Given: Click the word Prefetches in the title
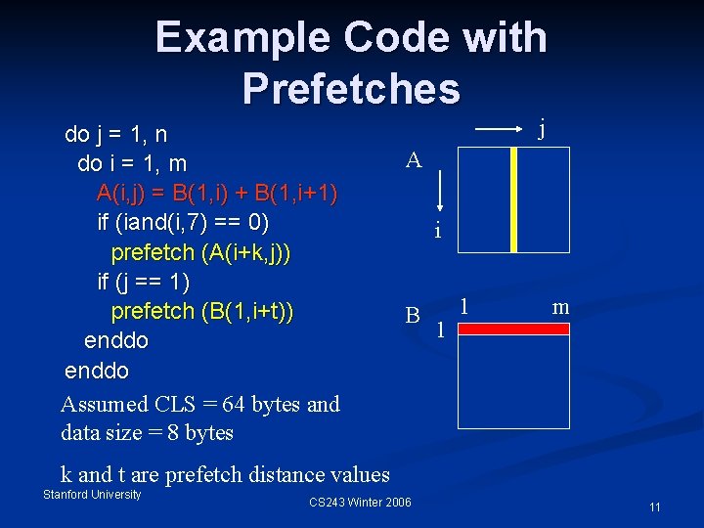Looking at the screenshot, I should [351, 88].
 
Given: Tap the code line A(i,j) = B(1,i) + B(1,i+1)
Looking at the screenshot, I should [217, 192].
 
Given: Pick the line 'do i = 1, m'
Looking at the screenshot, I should [132, 162].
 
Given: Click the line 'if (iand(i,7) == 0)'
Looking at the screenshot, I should [183, 222].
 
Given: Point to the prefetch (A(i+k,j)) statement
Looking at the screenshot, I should [200, 252].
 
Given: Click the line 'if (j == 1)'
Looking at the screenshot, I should [156, 282].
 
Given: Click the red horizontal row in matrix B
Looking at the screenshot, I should [513, 330].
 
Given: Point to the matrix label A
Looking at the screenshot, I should [414, 160].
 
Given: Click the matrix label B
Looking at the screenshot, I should [414, 315].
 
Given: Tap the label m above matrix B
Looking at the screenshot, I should [560, 307].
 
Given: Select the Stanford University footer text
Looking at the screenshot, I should [92, 495].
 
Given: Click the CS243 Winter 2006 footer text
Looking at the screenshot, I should [360, 503].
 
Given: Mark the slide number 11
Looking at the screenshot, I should [654, 506].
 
